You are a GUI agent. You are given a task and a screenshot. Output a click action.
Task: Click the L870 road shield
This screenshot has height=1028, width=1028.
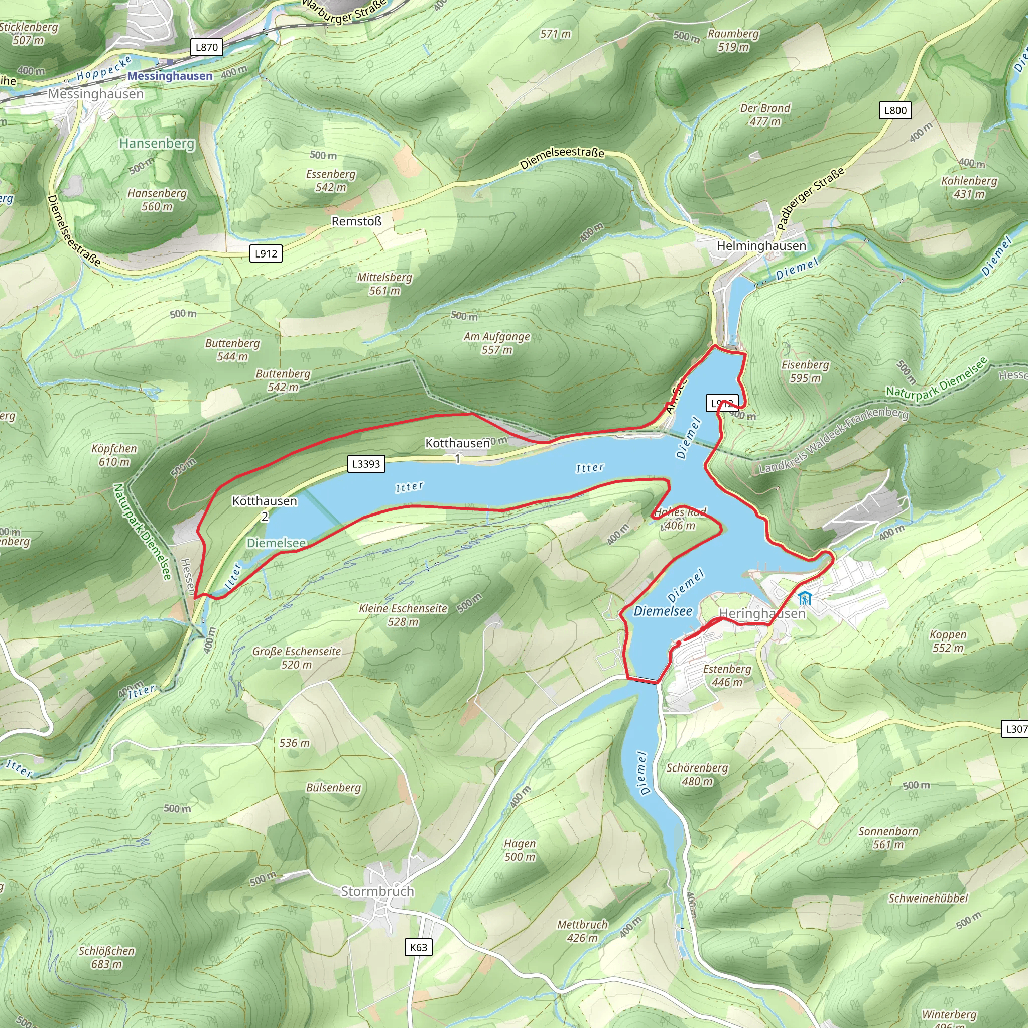206,47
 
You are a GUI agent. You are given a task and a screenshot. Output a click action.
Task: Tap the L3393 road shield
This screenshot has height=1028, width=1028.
366,463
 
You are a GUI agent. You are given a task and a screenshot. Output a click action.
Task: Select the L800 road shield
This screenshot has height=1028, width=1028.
895,110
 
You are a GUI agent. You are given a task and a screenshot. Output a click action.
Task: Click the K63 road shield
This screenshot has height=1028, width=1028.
418,947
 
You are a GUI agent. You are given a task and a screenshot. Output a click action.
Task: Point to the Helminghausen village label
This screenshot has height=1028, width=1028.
761,246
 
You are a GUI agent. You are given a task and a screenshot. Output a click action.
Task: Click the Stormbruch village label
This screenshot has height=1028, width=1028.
377,891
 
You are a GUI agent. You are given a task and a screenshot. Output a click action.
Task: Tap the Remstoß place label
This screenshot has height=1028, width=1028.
356,221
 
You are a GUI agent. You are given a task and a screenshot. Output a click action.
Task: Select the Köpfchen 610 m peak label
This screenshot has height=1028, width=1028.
114,455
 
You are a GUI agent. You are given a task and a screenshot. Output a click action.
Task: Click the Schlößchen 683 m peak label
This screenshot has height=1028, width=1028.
106,957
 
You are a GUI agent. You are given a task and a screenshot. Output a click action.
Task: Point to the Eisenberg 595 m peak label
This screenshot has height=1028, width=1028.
805,371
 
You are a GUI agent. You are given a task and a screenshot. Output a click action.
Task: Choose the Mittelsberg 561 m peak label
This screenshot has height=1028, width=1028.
384,284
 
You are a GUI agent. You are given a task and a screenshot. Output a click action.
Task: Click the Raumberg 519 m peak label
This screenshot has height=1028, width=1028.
733,40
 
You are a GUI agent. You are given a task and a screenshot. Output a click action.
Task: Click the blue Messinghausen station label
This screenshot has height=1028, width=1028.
170,76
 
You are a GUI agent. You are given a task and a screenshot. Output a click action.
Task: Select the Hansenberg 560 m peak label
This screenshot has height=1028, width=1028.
157,200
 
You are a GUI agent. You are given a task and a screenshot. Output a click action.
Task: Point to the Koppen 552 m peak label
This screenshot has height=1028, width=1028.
948,640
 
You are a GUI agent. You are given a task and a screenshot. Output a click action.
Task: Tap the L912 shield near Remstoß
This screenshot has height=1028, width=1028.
266,253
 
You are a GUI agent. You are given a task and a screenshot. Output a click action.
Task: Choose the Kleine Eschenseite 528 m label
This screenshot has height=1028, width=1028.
403,614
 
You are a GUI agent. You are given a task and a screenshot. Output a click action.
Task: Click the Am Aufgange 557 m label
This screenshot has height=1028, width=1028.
496,343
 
